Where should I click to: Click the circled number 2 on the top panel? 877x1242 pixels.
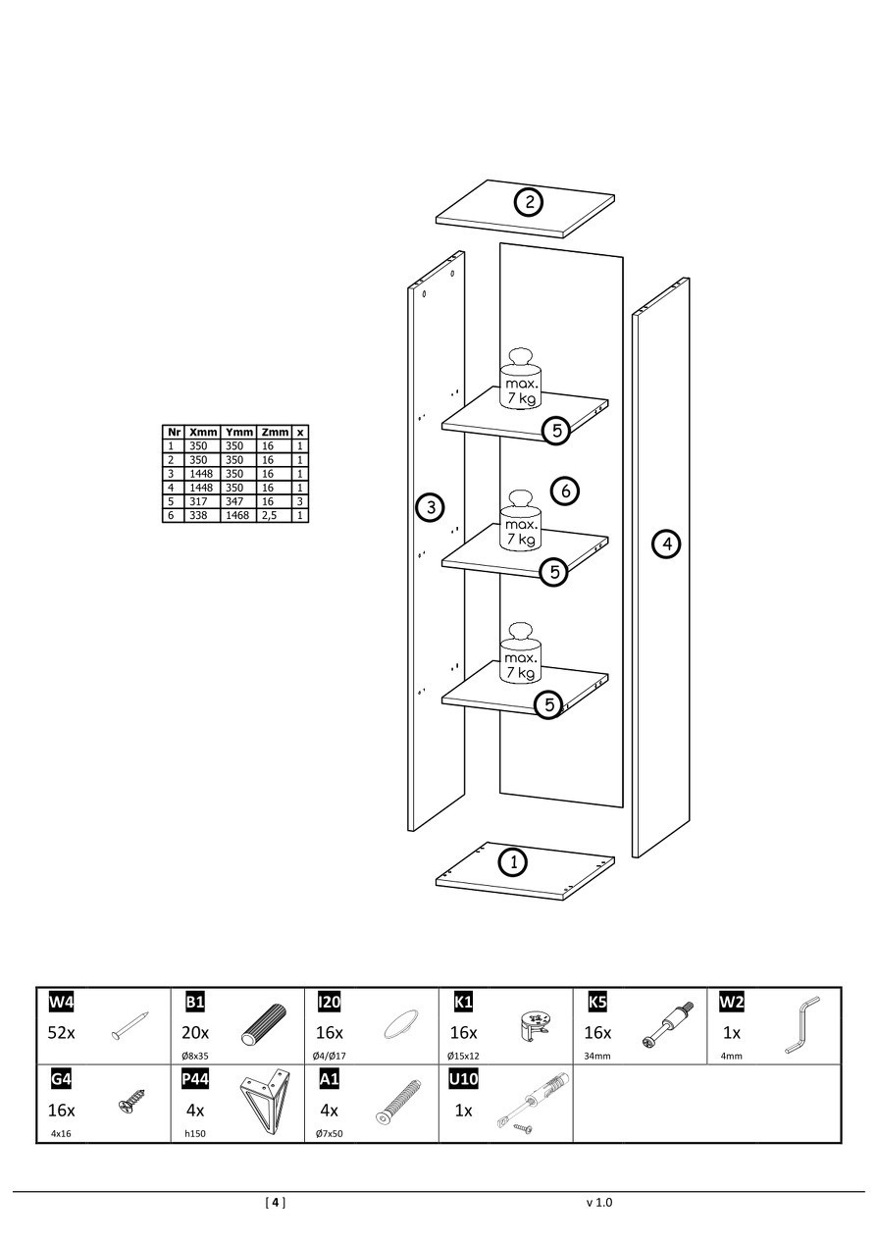point(529,202)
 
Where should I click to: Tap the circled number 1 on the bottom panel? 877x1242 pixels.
point(512,862)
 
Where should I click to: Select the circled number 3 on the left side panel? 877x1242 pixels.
point(430,507)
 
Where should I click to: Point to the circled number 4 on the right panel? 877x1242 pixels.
point(667,543)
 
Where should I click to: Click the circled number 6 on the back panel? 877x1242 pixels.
point(565,490)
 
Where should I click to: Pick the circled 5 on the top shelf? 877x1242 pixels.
point(555,430)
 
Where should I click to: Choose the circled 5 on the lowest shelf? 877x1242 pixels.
point(549,703)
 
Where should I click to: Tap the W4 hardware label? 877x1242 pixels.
point(61,1002)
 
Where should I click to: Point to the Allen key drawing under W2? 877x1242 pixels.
point(801,1025)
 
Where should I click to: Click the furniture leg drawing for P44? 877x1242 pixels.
point(264,1103)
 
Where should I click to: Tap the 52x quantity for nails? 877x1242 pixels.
point(62,1033)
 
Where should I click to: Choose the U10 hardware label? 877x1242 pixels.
point(463,1079)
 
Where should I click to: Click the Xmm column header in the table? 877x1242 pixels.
point(203,432)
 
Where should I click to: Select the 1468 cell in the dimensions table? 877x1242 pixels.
point(238,515)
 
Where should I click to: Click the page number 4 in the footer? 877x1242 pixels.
point(276,1202)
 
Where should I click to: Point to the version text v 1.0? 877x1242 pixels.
point(598,1202)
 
